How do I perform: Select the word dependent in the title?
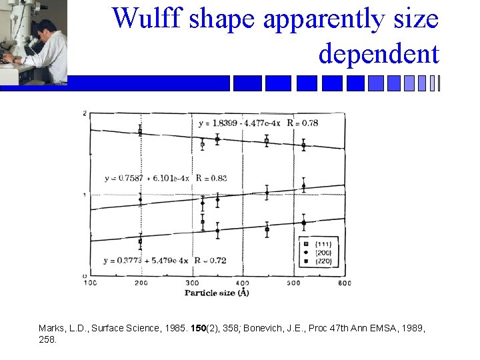379,53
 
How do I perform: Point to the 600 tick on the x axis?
344,283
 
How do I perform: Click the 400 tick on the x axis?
241,283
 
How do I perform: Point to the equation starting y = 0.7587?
147,178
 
